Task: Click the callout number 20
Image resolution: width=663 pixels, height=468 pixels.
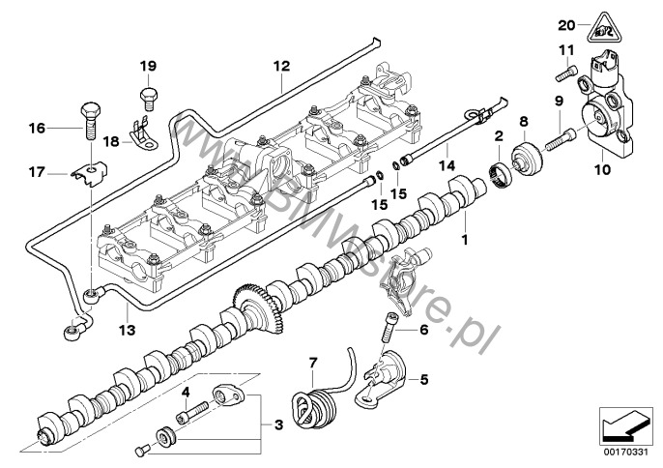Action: coord(566,24)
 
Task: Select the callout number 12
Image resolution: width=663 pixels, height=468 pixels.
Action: coord(280,67)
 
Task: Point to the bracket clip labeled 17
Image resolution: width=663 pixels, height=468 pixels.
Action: coord(87,174)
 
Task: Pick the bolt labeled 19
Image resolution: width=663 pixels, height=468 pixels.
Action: coord(147,96)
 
